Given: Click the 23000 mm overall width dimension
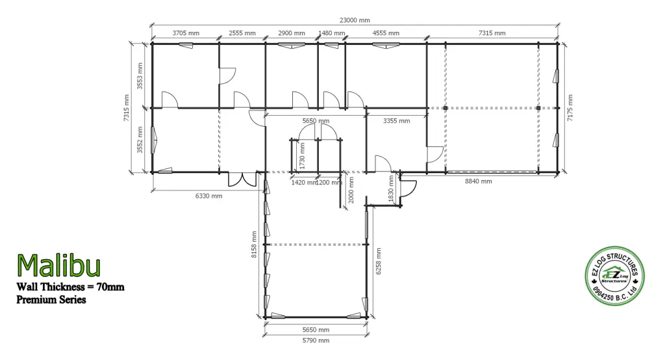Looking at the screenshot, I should [x=354, y=20].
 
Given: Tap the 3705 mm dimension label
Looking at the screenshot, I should [x=185, y=33].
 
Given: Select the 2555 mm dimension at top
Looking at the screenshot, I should [x=242, y=33].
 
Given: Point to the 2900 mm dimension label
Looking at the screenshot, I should [x=291, y=33].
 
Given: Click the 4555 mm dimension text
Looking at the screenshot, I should [x=385, y=33].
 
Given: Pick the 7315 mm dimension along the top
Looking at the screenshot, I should [x=492, y=33].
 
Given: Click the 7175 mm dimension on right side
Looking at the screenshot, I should [x=570, y=108].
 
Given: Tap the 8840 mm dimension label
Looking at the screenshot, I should [x=478, y=181].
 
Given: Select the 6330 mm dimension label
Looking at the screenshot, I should [x=208, y=196].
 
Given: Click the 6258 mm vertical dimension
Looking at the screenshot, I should [x=379, y=261].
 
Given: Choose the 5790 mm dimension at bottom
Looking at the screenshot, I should [x=315, y=341].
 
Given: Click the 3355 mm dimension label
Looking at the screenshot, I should [x=396, y=121].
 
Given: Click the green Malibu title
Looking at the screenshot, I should [x=58, y=266].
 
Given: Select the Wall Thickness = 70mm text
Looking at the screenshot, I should [x=70, y=287].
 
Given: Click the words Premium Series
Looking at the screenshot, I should [x=51, y=300].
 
